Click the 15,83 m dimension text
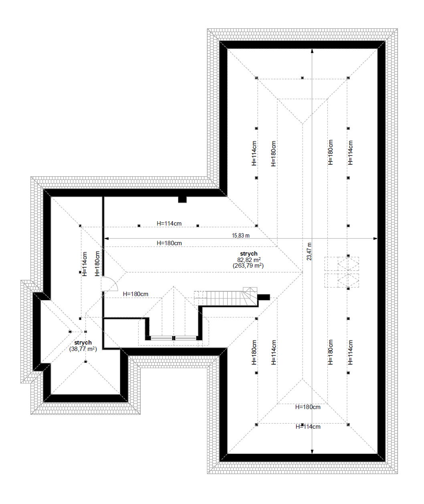(x=241, y=236)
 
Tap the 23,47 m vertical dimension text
(x=309, y=252)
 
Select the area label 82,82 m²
(x=249, y=260)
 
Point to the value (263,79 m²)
(x=248, y=266)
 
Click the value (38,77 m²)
(x=83, y=349)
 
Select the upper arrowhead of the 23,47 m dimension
(x=312, y=51)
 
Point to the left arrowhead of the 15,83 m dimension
(x=106, y=238)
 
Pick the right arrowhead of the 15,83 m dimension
(x=375, y=238)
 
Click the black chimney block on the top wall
(x=182, y=200)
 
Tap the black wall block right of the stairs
(x=264, y=297)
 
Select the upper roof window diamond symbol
(x=348, y=264)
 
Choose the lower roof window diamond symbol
(x=348, y=280)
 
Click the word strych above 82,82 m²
(x=249, y=254)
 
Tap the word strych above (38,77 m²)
(x=83, y=343)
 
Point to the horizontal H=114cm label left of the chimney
(x=169, y=224)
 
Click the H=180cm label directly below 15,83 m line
(x=169, y=243)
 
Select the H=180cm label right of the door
(x=135, y=294)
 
